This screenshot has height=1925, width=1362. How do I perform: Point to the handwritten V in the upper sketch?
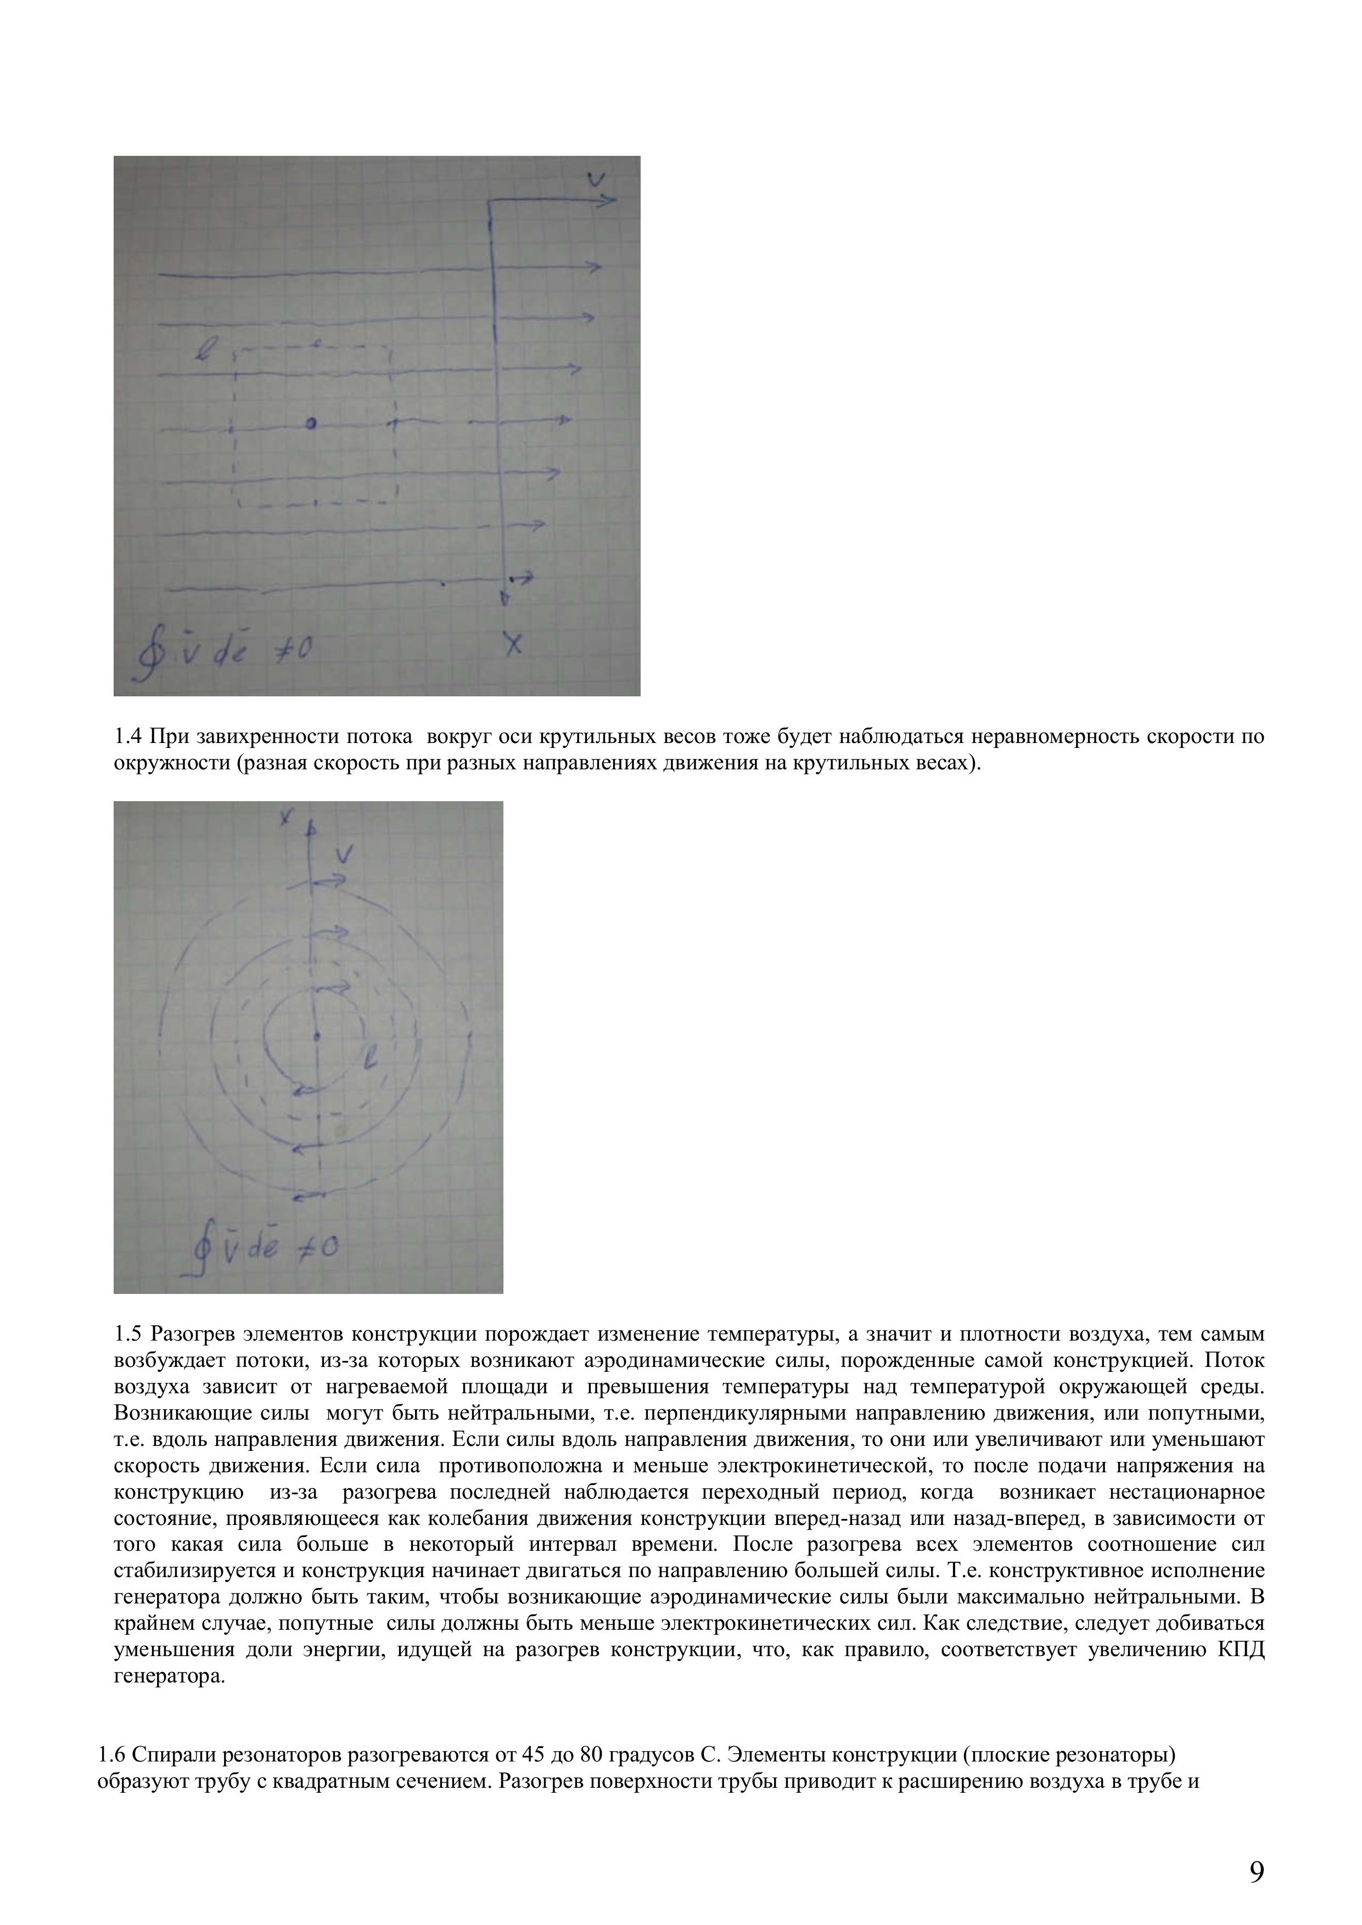[x=596, y=178]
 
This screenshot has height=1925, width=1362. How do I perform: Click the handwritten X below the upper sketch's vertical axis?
[x=512, y=644]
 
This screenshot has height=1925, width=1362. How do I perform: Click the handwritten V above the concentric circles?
[x=344, y=855]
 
